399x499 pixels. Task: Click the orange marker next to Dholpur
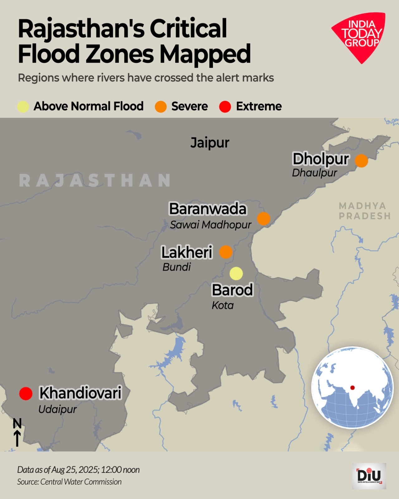361,161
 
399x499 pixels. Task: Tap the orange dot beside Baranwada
264,219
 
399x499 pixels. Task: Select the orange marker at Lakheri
226,252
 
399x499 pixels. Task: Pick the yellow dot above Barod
236,274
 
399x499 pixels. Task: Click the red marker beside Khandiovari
26,394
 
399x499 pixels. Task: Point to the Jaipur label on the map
210,143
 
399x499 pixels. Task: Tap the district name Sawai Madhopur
210,225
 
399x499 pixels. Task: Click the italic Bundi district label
176,267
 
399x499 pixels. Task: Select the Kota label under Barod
223,305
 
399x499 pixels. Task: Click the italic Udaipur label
57,409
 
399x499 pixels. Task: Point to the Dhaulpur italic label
314,173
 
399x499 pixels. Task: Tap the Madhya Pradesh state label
364,211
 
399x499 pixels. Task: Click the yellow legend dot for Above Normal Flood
23,107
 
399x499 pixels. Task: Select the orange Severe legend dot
161,107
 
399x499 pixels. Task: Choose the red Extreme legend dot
225,107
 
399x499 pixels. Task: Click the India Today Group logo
360,36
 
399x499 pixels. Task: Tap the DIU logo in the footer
369,476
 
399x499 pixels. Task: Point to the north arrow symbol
17,433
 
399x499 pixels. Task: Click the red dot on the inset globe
353,388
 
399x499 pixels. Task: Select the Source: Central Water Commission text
69,482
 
